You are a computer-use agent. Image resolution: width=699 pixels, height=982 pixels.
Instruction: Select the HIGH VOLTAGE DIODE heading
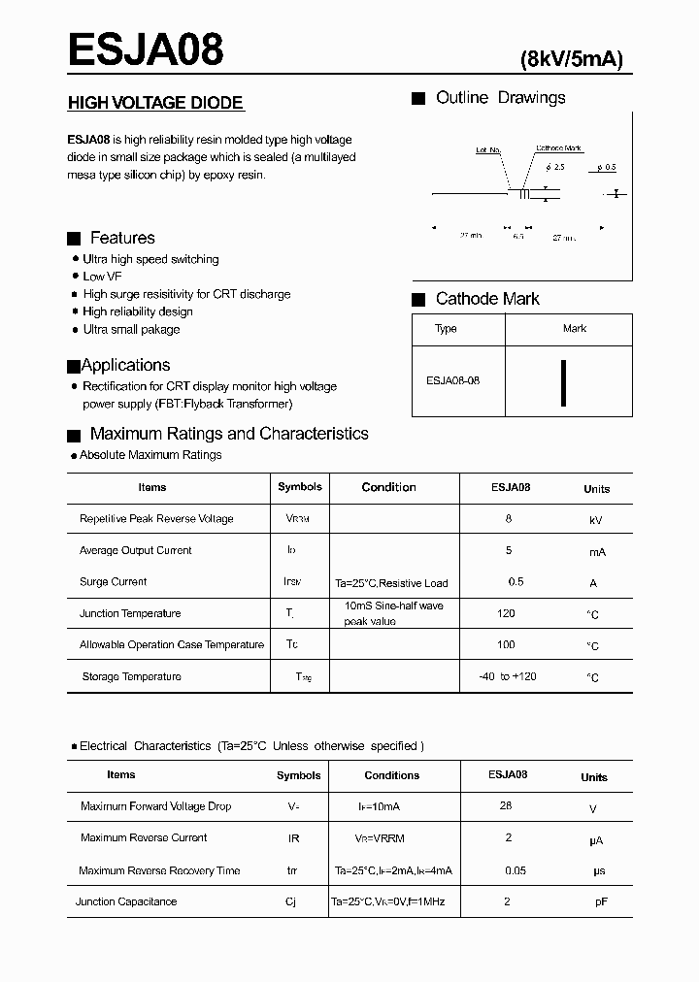(154, 103)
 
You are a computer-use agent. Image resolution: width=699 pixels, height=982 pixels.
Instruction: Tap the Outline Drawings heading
(500, 98)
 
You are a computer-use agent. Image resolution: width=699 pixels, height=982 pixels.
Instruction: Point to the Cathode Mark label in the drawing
(559, 148)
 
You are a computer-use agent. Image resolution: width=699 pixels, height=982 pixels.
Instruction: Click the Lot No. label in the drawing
(488, 150)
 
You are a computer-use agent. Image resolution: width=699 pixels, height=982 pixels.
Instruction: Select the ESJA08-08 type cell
(452, 380)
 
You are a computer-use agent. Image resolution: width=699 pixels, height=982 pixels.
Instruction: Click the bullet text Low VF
(102, 277)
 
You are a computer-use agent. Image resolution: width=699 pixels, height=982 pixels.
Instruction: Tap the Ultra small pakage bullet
(131, 329)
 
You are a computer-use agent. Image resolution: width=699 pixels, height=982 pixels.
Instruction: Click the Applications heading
(125, 365)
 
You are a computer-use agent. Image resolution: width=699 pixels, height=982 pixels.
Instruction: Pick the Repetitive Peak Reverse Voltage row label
(156, 519)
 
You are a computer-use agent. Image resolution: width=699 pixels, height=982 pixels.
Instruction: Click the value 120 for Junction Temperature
(506, 613)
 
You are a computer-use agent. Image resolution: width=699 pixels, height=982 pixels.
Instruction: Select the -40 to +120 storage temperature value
(508, 676)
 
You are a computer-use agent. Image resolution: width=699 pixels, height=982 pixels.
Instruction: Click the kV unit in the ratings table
(596, 520)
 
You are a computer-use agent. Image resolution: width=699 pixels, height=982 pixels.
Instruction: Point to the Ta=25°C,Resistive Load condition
(391, 583)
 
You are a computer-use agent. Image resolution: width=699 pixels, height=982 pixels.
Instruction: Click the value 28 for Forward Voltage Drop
(506, 805)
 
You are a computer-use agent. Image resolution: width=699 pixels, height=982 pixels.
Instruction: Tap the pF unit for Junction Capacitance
(601, 902)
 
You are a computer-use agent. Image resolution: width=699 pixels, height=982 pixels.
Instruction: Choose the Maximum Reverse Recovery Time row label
(159, 870)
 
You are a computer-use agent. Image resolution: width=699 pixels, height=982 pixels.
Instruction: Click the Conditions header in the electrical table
(392, 775)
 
